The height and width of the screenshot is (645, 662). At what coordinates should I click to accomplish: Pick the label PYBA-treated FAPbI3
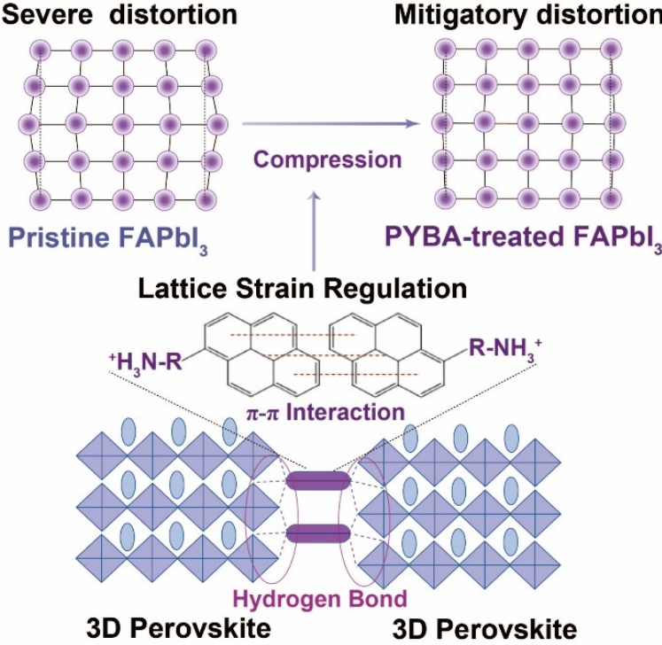[522, 237]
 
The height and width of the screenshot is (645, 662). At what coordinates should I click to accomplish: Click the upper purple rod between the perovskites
[318, 480]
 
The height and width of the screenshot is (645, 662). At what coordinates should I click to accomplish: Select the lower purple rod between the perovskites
[318, 532]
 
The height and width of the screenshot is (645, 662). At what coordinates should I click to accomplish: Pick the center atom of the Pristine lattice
[120, 120]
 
